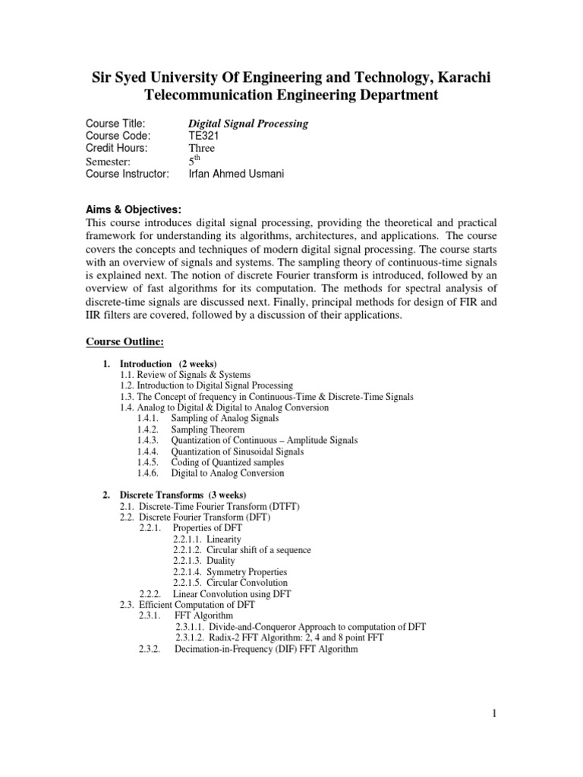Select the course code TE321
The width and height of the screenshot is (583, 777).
click(x=203, y=136)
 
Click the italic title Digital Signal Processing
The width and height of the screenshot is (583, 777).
click(x=247, y=123)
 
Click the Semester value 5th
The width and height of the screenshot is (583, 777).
click(x=194, y=161)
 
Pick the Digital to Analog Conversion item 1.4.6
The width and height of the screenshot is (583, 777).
click(x=228, y=473)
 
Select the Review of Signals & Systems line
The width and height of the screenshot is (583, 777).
click(x=186, y=375)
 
